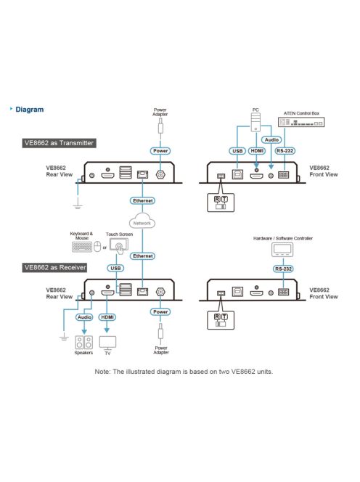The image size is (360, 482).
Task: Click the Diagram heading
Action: click(30, 110)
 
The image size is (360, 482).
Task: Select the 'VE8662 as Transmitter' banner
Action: click(59, 143)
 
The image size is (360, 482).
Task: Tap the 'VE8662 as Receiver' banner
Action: click(55, 267)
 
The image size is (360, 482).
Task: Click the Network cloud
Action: click(142, 221)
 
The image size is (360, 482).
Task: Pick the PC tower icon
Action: click(255, 123)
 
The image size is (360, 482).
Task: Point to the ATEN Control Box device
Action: click(301, 122)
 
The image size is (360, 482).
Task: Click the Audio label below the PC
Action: click(271, 140)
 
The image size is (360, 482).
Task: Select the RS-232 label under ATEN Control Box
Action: click(285, 151)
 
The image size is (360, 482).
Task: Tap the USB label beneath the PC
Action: click(237, 151)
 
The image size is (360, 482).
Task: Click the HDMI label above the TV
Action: click(107, 317)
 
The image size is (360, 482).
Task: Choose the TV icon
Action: click(107, 343)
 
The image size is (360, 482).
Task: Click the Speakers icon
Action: click(84, 343)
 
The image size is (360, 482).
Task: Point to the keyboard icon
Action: click(82, 247)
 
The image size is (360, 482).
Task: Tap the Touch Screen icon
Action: click(119, 246)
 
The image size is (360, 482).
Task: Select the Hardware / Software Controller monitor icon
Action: click(282, 250)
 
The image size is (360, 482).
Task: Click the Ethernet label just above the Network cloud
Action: click(143, 201)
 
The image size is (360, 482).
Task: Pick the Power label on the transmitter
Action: click(160, 151)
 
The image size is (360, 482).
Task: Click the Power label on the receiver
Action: click(160, 311)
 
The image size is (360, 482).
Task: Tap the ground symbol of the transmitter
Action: click(78, 207)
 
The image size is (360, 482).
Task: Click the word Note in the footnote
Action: click(102, 372)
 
